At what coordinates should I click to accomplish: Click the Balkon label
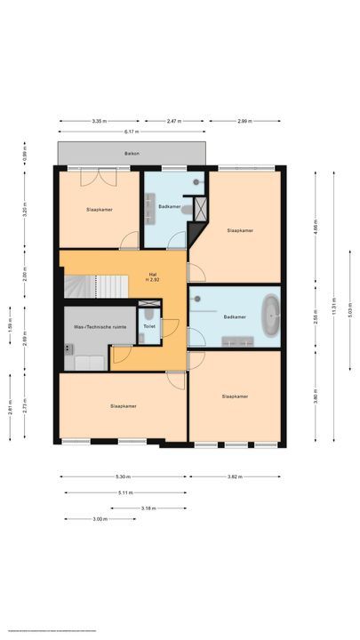pos(132,154)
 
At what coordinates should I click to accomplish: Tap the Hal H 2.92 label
pos(152,276)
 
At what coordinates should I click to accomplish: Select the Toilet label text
pos(148,326)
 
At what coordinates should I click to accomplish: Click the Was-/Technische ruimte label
pos(100,326)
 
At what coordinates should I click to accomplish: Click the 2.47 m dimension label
pos(178,120)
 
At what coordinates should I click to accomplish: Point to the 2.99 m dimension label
pos(244,120)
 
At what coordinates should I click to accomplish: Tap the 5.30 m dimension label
pos(123,476)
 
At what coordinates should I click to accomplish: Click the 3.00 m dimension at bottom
pos(100,519)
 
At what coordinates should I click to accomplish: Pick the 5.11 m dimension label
pos(124,492)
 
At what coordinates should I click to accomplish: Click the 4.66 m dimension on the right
pos(316,228)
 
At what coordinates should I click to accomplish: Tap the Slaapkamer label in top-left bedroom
pos(100,210)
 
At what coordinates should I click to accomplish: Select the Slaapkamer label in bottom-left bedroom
pos(123,405)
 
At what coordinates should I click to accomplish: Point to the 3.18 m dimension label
pos(148,508)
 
